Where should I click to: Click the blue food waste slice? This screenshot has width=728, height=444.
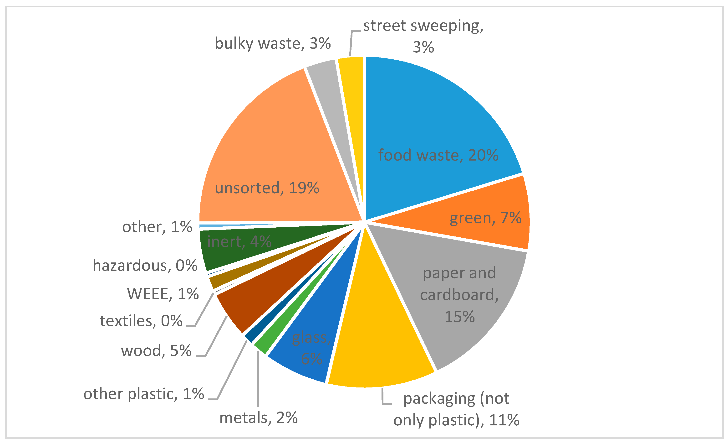(x=437, y=124)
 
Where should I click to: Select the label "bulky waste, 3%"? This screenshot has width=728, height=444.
(x=272, y=43)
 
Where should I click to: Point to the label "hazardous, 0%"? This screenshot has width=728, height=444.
(x=145, y=265)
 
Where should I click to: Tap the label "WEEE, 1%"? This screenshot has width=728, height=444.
(x=163, y=294)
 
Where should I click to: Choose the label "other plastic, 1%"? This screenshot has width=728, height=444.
(x=144, y=394)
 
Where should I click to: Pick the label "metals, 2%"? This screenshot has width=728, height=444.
(x=259, y=418)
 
